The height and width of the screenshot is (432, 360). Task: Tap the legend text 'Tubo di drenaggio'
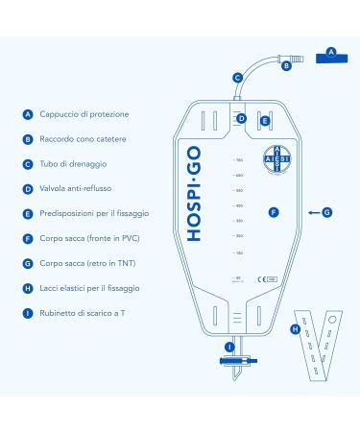[74, 163]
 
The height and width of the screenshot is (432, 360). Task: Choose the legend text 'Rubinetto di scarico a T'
[84, 312]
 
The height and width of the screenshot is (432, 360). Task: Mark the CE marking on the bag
[259, 278]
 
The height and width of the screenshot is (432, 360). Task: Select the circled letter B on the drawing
[285, 65]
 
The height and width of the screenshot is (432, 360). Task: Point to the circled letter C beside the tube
[237, 77]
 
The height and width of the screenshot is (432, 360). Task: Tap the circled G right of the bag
[326, 210]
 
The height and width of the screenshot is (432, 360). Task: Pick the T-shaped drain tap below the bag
[231, 365]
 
